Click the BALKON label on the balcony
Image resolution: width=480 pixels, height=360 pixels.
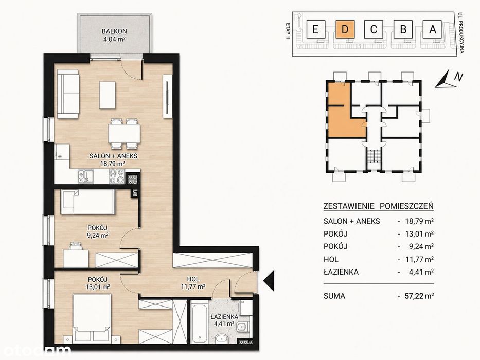[114, 31]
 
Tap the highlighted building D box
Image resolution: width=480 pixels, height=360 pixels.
[345, 29]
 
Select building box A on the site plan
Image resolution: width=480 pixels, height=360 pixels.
[432, 29]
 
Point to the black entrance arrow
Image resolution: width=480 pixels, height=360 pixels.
[269, 281]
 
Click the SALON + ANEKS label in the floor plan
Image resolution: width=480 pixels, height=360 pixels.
[113, 156]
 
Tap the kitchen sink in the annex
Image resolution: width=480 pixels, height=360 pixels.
[86, 176]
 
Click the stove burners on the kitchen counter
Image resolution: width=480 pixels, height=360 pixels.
[116, 176]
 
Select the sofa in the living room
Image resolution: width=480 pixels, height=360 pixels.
[68, 94]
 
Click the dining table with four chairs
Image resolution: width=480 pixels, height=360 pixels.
[124, 134]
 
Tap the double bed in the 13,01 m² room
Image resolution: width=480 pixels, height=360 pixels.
[92, 318]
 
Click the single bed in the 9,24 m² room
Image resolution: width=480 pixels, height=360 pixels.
[88, 202]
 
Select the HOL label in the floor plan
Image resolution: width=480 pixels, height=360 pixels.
[193, 279]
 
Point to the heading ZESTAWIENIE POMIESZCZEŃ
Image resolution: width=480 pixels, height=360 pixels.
[378, 206]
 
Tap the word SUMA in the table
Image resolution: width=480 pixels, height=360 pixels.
[334, 296]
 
